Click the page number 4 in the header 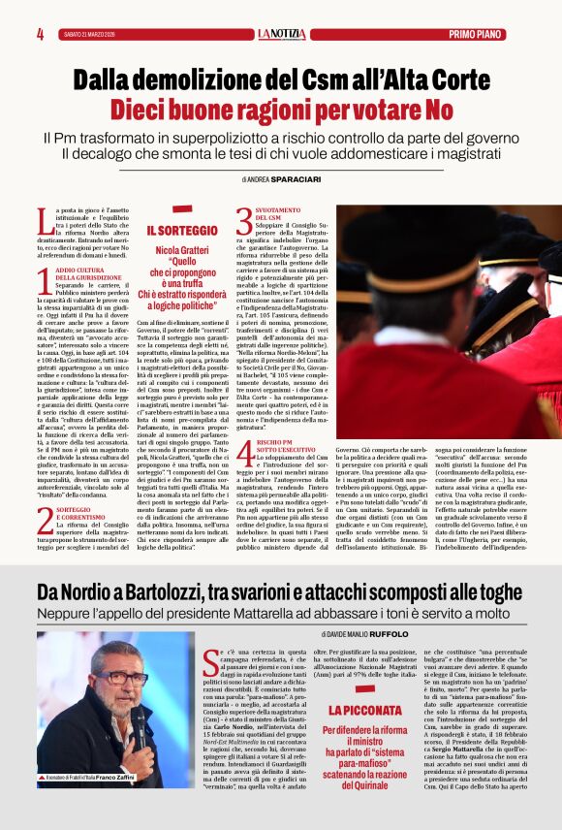(41, 34)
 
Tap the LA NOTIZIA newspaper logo (281, 34)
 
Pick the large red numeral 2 (45, 522)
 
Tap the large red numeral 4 (244, 454)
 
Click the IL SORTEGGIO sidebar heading (182, 231)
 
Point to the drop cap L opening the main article (43, 220)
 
